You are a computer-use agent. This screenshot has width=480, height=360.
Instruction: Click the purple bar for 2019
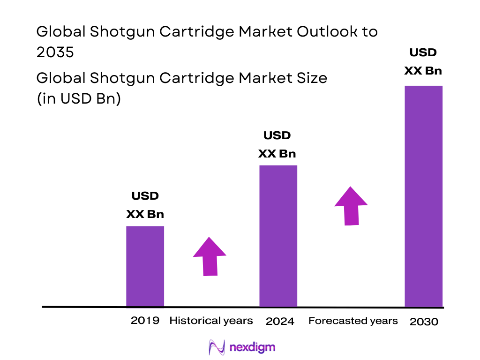pyautogui.click(x=145, y=266)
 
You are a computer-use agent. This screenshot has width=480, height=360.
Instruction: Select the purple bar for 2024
pyautogui.click(x=278, y=236)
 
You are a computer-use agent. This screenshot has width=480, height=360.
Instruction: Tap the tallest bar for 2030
pyautogui.click(x=423, y=196)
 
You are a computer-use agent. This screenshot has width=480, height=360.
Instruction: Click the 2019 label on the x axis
pyautogui.click(x=145, y=321)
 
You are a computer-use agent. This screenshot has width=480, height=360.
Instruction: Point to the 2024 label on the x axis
pyautogui.click(x=280, y=322)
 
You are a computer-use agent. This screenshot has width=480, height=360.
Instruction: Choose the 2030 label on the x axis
pyautogui.click(x=424, y=322)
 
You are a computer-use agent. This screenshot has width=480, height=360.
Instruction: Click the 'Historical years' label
pyautogui.click(x=211, y=321)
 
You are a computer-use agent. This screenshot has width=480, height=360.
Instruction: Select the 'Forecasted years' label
pyautogui.click(x=353, y=321)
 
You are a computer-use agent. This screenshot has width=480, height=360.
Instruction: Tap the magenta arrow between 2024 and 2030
pyautogui.click(x=351, y=206)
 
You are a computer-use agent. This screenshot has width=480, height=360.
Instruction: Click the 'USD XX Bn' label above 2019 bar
pyautogui.click(x=145, y=205)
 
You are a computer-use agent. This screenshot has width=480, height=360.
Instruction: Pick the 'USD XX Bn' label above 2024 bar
pyautogui.click(x=277, y=144)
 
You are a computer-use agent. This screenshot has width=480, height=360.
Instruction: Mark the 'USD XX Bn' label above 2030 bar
pyautogui.click(x=423, y=61)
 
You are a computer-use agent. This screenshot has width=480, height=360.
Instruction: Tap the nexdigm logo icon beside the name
pyautogui.click(x=217, y=347)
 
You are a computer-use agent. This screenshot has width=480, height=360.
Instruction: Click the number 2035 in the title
pyautogui.click(x=55, y=52)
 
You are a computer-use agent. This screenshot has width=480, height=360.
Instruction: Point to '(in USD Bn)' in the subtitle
pyautogui.click(x=79, y=99)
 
